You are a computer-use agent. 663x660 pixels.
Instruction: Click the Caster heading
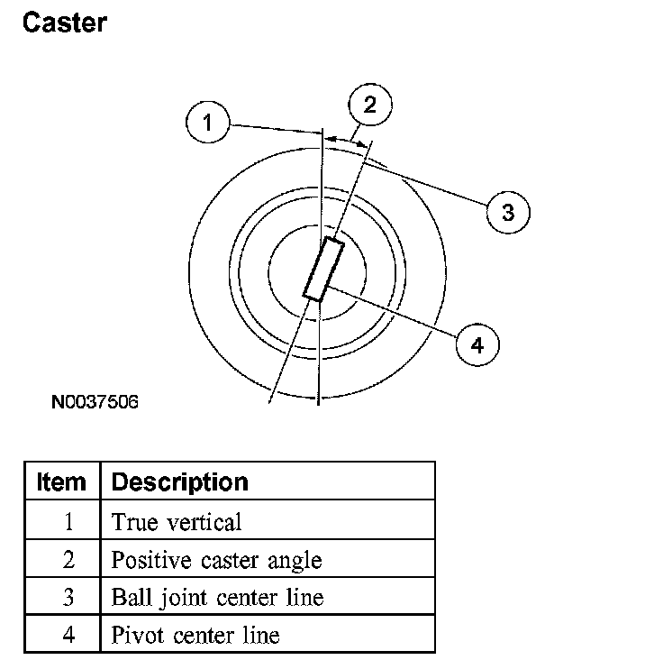click(64, 23)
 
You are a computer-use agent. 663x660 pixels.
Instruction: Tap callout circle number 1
click(208, 124)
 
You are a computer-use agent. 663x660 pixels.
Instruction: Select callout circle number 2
click(369, 105)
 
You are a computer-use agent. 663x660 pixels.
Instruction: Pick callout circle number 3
click(507, 213)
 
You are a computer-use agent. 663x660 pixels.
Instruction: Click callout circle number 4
click(477, 344)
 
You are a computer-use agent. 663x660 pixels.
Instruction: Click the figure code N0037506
click(95, 400)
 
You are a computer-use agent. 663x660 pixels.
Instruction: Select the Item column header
click(61, 481)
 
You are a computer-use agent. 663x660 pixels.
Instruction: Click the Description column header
click(179, 481)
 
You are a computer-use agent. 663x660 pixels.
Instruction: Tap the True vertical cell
click(177, 521)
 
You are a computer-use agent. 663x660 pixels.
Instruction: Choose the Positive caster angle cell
click(216, 560)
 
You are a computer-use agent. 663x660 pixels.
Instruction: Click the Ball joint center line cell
click(216, 597)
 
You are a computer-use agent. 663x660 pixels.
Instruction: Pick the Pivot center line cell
click(195, 635)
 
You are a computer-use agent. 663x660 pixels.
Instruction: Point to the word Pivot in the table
click(134, 635)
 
